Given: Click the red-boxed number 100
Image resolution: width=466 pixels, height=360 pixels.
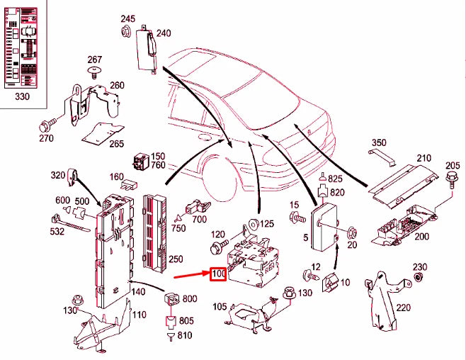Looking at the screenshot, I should [217, 273].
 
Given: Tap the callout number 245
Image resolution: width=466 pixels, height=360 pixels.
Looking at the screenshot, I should [127, 18].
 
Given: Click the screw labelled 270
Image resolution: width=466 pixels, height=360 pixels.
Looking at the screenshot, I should [47, 127].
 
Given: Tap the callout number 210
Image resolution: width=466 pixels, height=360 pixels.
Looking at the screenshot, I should [424, 157].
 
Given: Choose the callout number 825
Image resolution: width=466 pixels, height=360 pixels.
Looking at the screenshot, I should [335, 179].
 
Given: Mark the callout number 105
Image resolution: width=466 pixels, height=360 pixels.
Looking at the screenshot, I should [219, 307].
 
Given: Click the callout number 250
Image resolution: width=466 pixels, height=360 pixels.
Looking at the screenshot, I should [176, 259].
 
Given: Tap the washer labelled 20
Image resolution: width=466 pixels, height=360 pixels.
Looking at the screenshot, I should [352, 231].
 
